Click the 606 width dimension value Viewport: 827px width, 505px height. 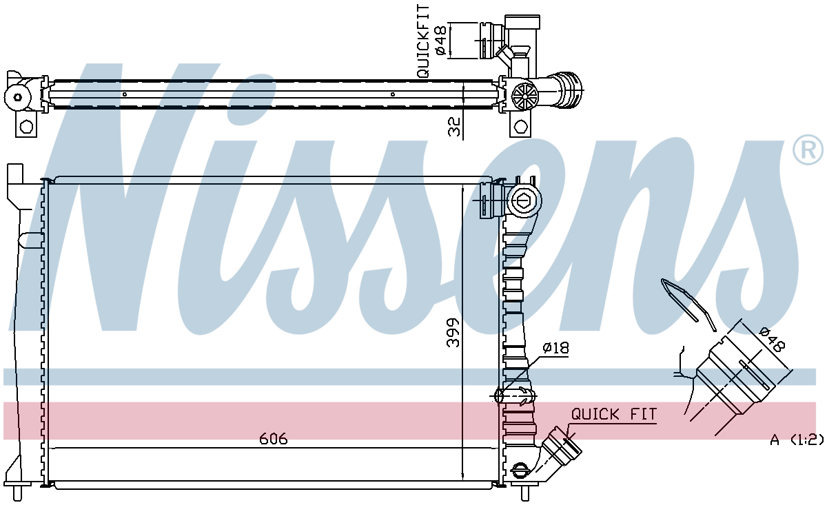click(273, 439)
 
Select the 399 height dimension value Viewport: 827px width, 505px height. click(453, 332)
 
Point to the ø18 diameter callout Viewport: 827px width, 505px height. click(555, 347)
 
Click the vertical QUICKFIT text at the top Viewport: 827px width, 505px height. click(423, 41)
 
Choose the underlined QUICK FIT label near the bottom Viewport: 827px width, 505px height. click(614, 414)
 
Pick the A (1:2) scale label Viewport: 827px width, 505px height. click(797, 440)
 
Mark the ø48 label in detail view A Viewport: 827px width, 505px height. click(773, 339)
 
